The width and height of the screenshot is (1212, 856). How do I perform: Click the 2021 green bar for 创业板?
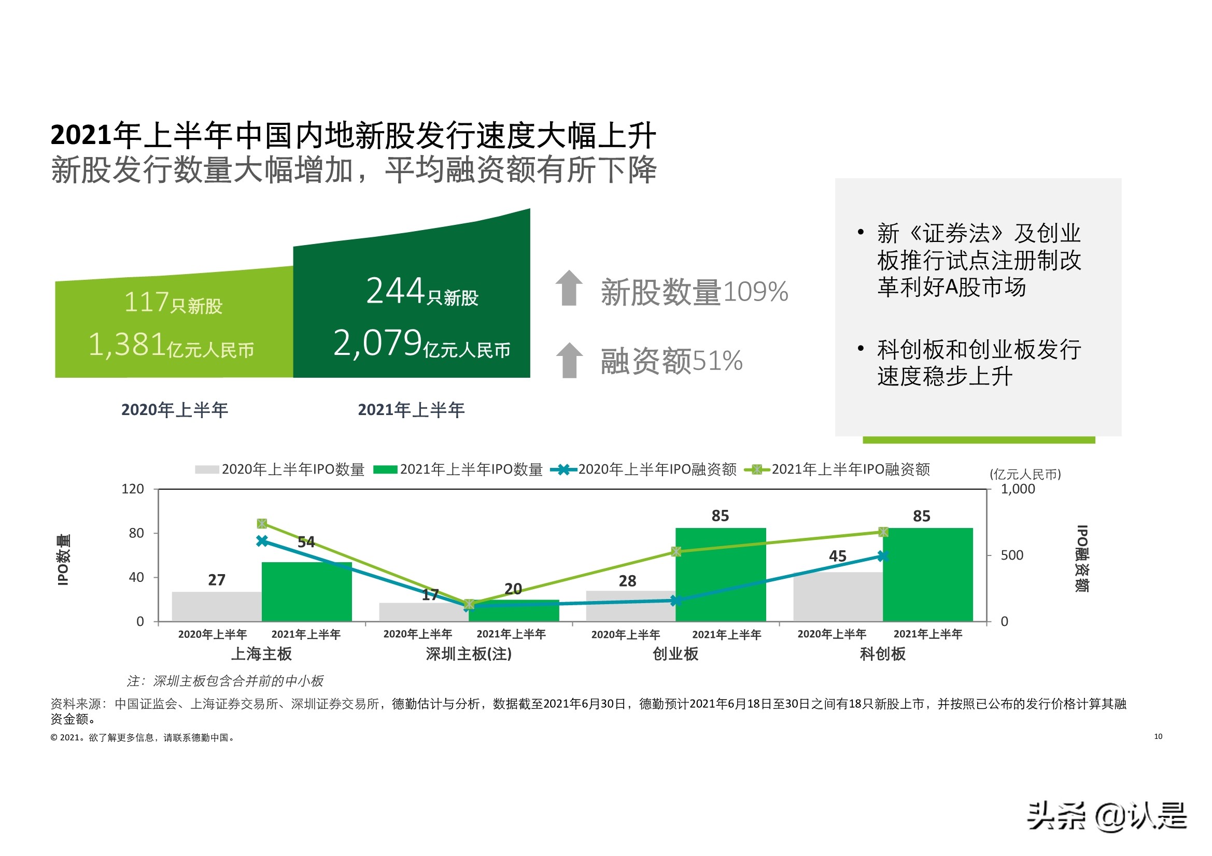(x=721, y=575)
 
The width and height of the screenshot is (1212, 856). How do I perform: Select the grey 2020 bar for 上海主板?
(x=217, y=606)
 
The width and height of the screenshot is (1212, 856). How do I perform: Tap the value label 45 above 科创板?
(x=837, y=556)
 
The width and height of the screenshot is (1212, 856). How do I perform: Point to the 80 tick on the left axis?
(x=136, y=533)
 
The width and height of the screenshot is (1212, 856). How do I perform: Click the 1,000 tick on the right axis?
(x=1017, y=489)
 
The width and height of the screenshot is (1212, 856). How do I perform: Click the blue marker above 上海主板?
(x=262, y=541)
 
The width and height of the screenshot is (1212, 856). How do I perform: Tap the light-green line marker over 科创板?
(x=883, y=532)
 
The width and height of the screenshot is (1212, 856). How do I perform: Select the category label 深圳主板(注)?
(x=469, y=654)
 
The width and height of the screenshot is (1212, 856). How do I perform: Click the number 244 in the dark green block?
(x=395, y=291)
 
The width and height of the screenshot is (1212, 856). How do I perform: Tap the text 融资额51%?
(x=671, y=361)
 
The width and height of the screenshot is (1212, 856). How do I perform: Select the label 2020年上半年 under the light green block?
(x=175, y=410)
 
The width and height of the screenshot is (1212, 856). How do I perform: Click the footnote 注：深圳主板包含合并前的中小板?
(x=226, y=681)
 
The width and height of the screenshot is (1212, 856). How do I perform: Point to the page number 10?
(x=1158, y=736)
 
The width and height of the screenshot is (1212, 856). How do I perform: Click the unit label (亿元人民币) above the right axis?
(x=1025, y=474)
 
